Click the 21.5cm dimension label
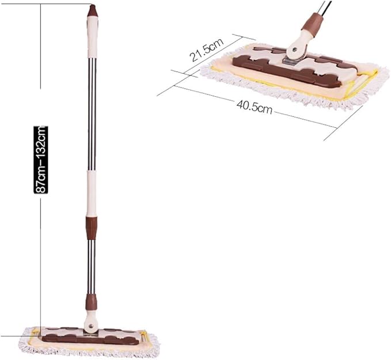pos(206,50)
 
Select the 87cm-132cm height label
pos(41,160)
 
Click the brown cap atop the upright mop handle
pos(93,10)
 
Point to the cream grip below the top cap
pos(92,37)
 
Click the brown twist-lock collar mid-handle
pos(91,228)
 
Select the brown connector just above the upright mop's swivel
pos(91,302)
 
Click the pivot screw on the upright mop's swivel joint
pos(91,325)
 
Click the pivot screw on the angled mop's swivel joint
pos(294,50)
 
